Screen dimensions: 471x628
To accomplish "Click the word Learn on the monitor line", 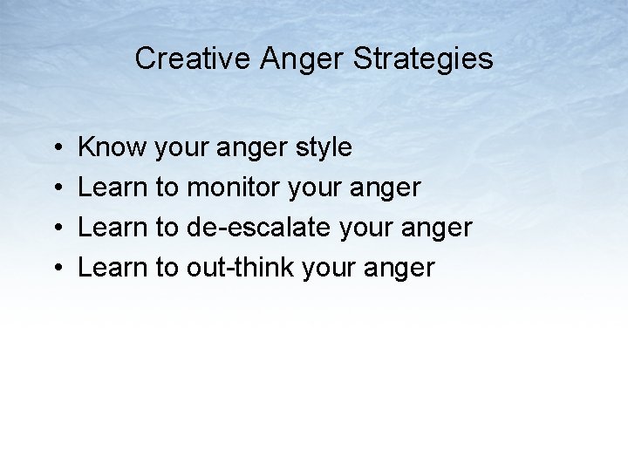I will (x=113, y=188).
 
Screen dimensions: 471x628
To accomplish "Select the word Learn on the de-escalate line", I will (x=113, y=228).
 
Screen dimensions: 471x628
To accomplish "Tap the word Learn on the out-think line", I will (x=113, y=268).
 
